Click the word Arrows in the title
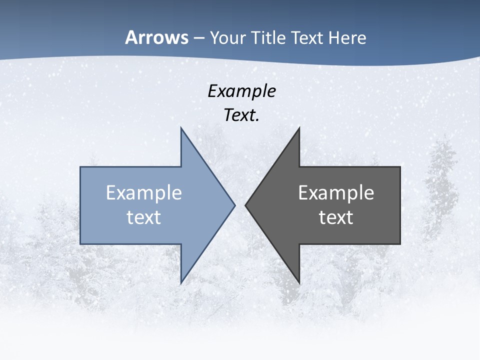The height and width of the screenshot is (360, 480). pos(157,38)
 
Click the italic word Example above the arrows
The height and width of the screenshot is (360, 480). pos(241,91)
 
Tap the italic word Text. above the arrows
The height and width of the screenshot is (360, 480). pos(241,115)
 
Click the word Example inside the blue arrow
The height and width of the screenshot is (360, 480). pos(144,193)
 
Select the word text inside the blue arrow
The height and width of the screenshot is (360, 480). pos(144,217)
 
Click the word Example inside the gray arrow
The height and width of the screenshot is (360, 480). pos(336,193)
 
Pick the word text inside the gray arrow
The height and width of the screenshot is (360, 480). pos(336,217)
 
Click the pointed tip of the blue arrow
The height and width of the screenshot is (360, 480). pos(235,205)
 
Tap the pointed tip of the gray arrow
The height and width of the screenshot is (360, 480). pos(245,205)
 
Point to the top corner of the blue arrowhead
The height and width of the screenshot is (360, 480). pos(181,127)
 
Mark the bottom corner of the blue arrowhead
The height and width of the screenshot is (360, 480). pos(181,283)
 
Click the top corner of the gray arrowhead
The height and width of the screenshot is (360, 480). pos(299,127)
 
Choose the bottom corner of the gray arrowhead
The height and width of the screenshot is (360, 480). pos(299,283)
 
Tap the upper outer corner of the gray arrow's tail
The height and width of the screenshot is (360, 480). pos(400,167)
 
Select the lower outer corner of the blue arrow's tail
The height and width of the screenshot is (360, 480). pos(80,244)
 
